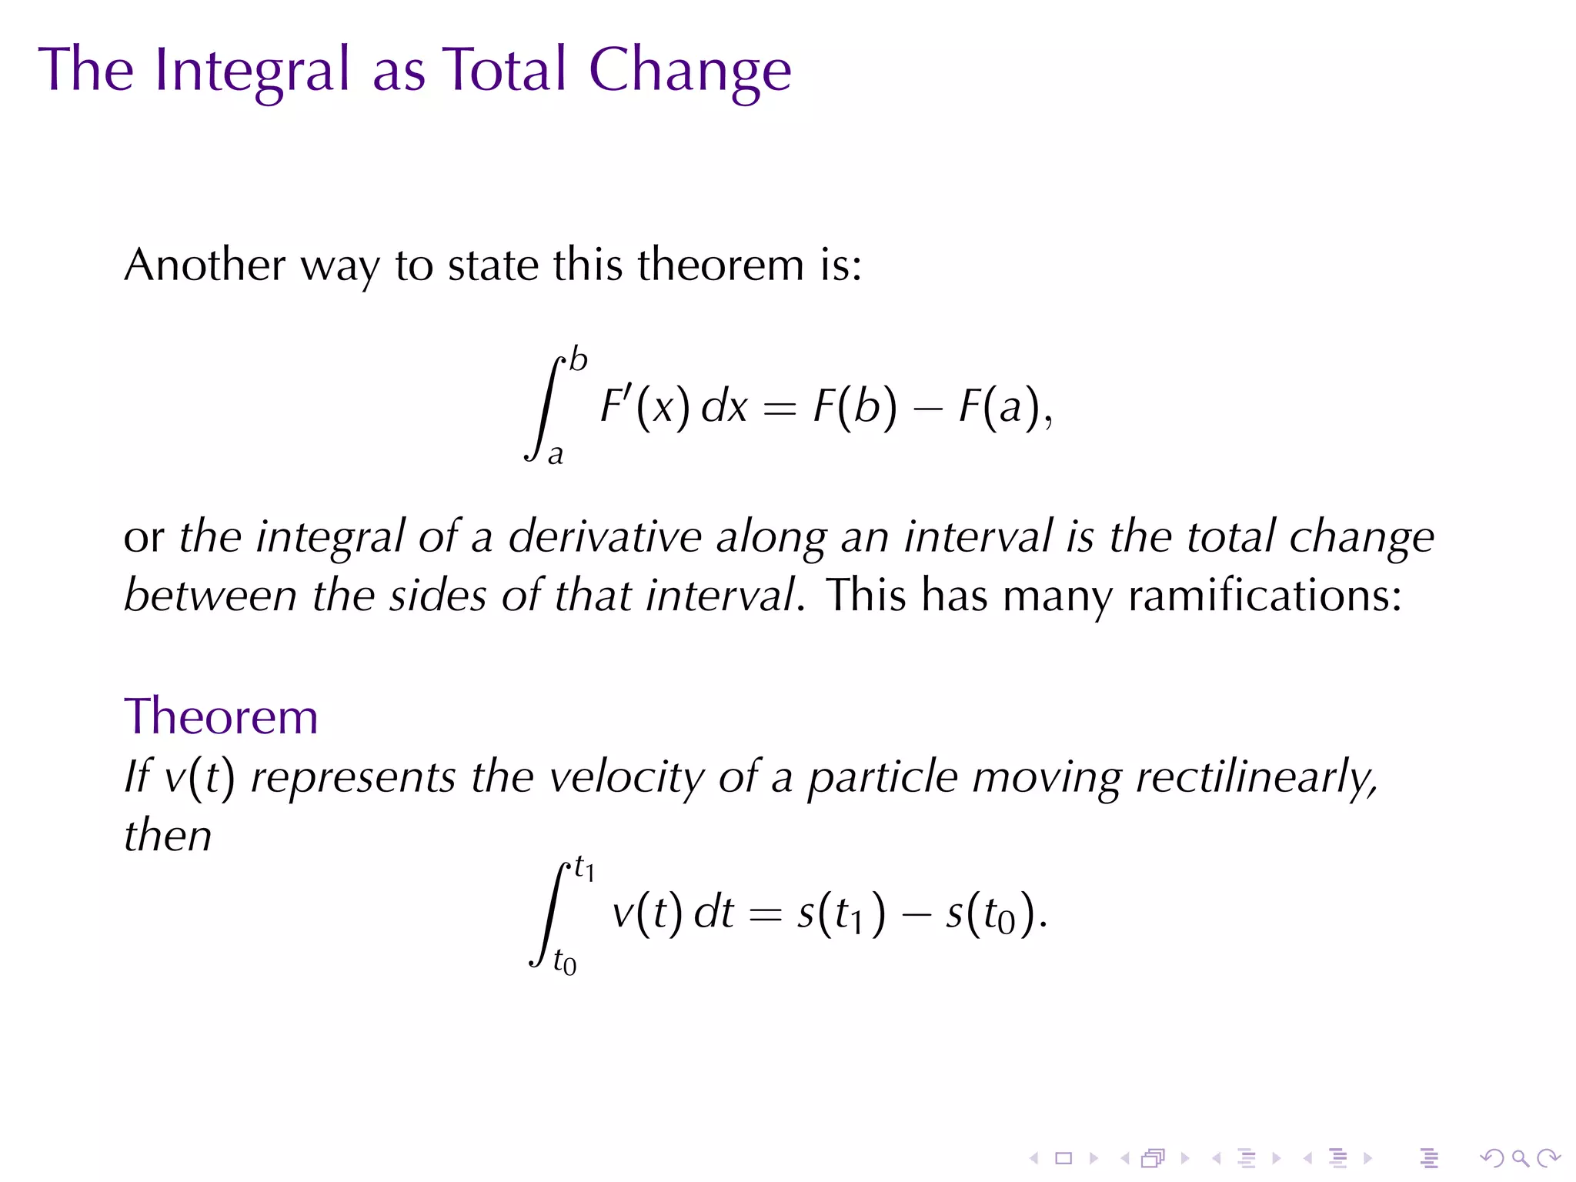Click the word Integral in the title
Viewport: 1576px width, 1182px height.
[x=252, y=71]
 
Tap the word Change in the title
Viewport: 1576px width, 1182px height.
[x=689, y=71]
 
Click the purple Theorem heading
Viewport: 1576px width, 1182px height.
[x=221, y=716]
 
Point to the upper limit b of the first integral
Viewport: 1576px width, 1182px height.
[x=579, y=360]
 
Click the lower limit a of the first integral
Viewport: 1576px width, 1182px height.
[x=556, y=455]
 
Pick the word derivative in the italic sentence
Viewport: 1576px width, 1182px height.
[x=605, y=536]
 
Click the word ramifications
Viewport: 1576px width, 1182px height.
[x=1264, y=596]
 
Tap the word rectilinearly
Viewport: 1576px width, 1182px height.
[x=1256, y=776]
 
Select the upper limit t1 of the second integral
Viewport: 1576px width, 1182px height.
[x=585, y=870]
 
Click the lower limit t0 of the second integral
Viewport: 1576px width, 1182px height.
[x=565, y=963]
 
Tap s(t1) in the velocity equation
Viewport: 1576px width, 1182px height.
[x=841, y=913]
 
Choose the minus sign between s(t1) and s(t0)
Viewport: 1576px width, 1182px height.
[x=916, y=915]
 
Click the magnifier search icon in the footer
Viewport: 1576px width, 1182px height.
[x=1520, y=1157]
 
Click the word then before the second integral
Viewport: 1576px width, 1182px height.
[x=168, y=836]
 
